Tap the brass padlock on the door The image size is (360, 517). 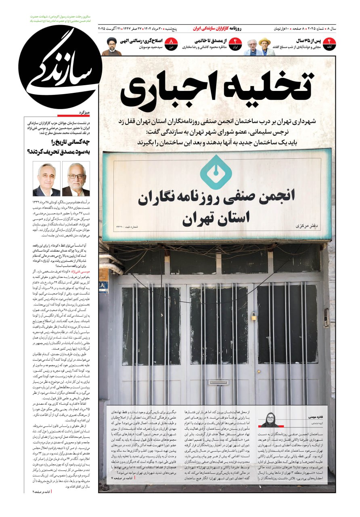click(x=254, y=316)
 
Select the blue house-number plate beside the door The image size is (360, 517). click(x=103, y=286)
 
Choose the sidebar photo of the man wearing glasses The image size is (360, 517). click(x=76, y=179)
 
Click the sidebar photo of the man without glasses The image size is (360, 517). click(x=47, y=179)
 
